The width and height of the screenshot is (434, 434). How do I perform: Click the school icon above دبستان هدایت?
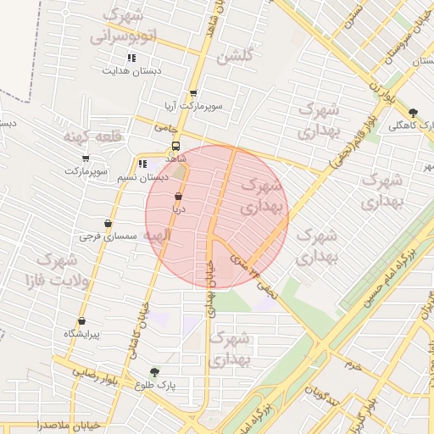pyautogui.click(x=131, y=58)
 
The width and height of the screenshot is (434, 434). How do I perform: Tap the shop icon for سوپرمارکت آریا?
pyautogui.click(x=193, y=94)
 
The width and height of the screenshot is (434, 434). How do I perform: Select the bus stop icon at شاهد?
pyautogui.click(x=175, y=145)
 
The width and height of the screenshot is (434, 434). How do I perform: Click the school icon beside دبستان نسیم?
pyautogui.click(x=142, y=164)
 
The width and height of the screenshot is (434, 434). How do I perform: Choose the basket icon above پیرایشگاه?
pyautogui.click(x=81, y=321)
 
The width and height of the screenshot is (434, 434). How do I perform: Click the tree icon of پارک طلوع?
pyautogui.click(x=154, y=371)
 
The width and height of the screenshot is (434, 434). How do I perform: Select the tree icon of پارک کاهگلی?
pyautogui.click(x=413, y=113)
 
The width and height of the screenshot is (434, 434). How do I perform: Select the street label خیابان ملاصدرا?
pyautogui.click(x=69, y=423)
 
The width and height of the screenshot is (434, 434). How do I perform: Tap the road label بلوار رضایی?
pyautogui.click(x=76, y=370)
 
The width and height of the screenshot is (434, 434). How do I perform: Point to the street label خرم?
pyautogui.click(x=353, y=364)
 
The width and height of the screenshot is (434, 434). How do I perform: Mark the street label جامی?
pyautogui.click(x=164, y=126)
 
